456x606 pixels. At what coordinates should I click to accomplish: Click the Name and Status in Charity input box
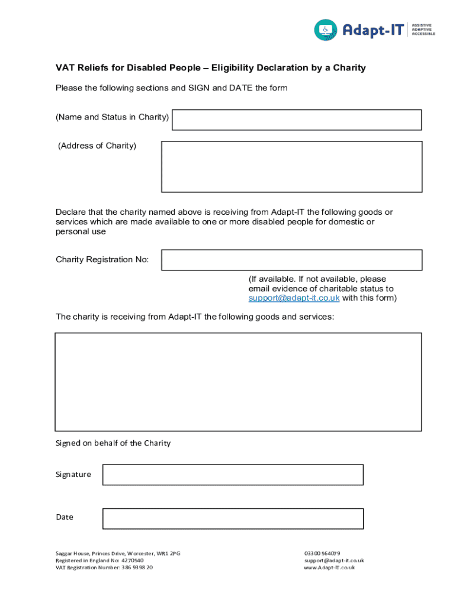pos(296,120)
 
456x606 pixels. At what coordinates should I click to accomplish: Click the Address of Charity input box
pos(291,166)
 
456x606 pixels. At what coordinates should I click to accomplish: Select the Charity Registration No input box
pos(291,260)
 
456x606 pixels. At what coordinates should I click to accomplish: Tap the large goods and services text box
pos(238,382)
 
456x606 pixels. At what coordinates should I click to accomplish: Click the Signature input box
pos(233,475)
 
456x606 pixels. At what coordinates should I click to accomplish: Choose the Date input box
pos(233,518)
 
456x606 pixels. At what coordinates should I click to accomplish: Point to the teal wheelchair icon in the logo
pos(325,30)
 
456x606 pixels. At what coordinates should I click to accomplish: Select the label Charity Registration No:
pos(102,260)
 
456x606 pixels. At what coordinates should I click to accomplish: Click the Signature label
pos(73,475)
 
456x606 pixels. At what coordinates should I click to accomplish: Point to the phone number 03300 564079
pos(322,554)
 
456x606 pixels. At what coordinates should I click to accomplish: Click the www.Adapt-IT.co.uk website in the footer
pos(329,568)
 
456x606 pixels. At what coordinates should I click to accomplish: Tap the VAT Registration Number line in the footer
pos(104,568)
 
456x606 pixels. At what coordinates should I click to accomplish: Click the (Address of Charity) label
pos(97,146)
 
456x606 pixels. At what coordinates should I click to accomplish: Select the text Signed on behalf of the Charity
pos(113,443)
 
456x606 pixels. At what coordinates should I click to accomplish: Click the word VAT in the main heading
pos(65,68)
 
